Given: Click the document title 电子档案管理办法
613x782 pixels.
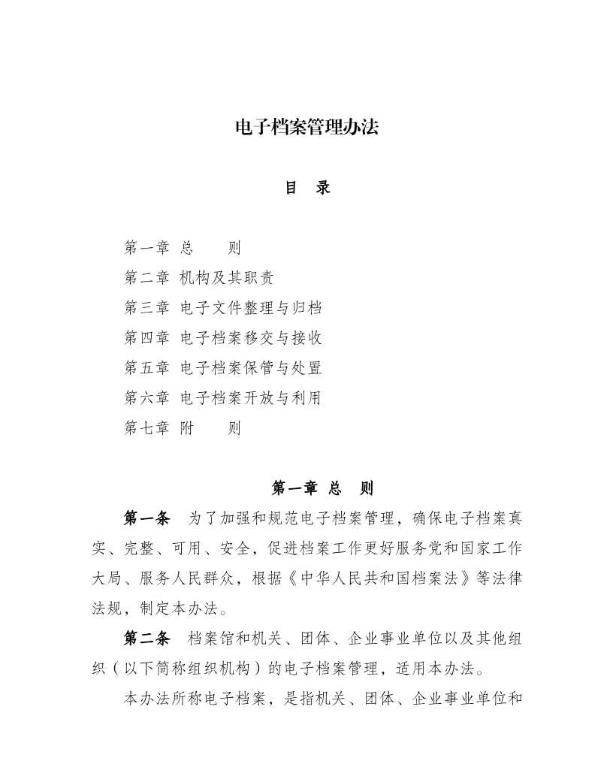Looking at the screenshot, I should point(306,128).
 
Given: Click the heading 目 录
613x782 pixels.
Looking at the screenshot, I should point(306,188).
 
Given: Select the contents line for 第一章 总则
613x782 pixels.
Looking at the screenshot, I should point(183,247).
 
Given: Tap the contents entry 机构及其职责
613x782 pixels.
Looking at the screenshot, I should point(227,278).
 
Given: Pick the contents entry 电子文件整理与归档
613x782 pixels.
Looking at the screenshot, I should point(251,308).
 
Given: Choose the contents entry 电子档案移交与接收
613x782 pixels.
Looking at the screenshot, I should point(251,338).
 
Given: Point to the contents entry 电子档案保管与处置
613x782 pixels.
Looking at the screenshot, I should point(251,368).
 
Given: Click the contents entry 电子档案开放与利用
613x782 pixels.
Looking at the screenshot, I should point(251,398).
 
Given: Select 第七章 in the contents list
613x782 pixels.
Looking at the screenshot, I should point(146,429).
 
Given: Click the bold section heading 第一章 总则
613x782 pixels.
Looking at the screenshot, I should point(322,489).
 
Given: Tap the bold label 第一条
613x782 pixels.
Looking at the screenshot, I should point(146,519).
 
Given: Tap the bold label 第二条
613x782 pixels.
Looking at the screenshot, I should point(146,639).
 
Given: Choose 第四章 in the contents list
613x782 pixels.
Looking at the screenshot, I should point(146,338).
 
